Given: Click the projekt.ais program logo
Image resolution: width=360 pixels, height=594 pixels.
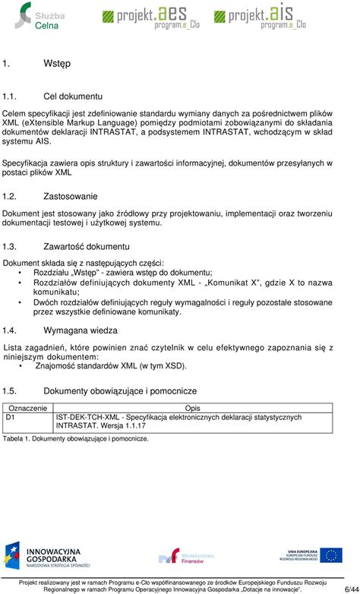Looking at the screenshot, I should (257, 15).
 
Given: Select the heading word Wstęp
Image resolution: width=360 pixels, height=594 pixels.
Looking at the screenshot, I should (35, 64).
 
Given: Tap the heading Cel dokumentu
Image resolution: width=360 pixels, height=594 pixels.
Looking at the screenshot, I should (73, 96).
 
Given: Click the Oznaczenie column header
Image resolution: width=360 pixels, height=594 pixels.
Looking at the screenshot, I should (27, 408).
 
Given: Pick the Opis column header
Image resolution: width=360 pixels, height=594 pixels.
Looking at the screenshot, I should (193, 408).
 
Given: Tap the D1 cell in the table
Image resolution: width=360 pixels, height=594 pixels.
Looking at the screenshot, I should (11, 417).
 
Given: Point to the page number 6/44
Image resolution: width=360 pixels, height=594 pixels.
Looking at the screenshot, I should (346, 589).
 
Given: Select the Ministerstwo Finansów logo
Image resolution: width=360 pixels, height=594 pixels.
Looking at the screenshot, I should (181, 558).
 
